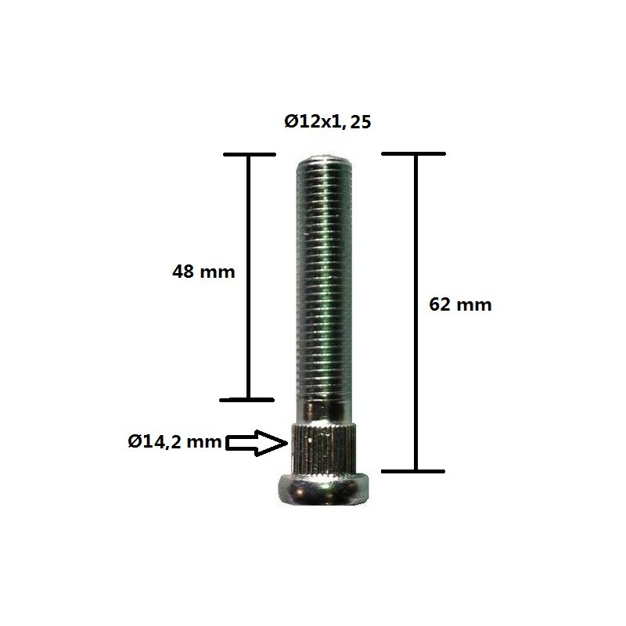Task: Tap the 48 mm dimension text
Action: tap(203, 272)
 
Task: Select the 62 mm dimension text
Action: tap(461, 304)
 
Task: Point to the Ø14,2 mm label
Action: tap(174, 442)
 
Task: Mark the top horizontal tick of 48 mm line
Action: tap(249, 154)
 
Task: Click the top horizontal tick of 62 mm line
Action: tap(414, 154)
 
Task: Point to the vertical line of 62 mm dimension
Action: tap(415, 376)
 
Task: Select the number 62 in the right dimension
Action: tap(441, 304)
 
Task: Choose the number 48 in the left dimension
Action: tap(183, 272)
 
